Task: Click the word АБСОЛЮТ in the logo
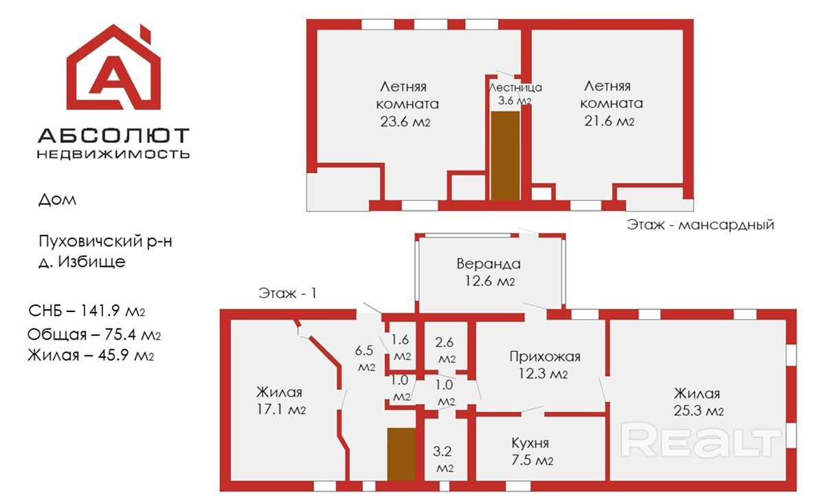(x=113, y=135)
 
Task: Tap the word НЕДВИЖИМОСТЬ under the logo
(x=113, y=154)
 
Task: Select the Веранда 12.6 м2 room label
(x=489, y=272)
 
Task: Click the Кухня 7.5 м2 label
(x=530, y=451)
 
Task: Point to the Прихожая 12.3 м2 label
(x=544, y=365)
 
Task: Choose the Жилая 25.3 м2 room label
(x=697, y=402)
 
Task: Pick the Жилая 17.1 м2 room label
(x=280, y=401)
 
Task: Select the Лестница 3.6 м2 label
(x=515, y=94)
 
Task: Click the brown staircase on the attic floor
(x=504, y=155)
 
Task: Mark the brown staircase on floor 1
(x=401, y=454)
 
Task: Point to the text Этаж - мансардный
(x=700, y=225)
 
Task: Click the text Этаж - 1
(x=287, y=293)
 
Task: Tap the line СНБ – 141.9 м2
(x=87, y=311)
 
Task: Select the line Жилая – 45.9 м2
(x=91, y=356)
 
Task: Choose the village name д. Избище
(x=82, y=262)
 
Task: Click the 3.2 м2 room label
(x=444, y=460)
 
